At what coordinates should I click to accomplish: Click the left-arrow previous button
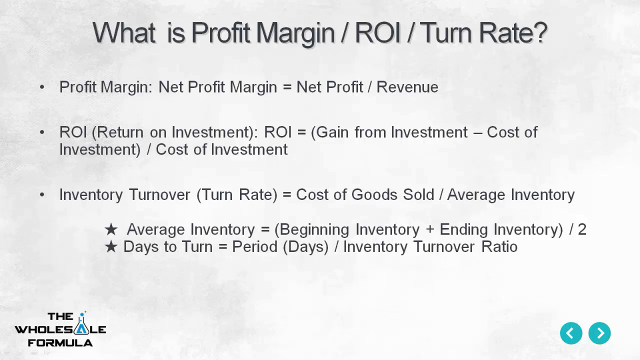(x=571, y=333)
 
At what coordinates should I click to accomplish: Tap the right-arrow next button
(x=599, y=333)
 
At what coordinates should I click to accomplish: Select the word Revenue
(x=407, y=87)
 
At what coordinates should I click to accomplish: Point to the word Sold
(x=418, y=194)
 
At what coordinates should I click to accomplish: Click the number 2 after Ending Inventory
(x=582, y=229)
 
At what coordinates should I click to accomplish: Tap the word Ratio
(x=499, y=246)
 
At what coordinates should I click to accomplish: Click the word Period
(x=255, y=246)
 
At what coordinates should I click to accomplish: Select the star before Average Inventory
(x=111, y=229)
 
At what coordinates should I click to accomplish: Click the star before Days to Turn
(x=111, y=247)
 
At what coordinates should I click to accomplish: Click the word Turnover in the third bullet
(x=159, y=194)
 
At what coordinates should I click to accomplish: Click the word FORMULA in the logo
(x=60, y=343)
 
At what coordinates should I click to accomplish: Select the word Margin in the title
(x=295, y=34)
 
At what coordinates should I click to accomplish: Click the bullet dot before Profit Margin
(x=42, y=87)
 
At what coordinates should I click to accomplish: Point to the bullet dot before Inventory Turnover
(x=42, y=195)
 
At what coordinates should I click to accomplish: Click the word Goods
(x=374, y=194)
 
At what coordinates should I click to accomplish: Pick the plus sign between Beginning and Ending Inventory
(x=429, y=230)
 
